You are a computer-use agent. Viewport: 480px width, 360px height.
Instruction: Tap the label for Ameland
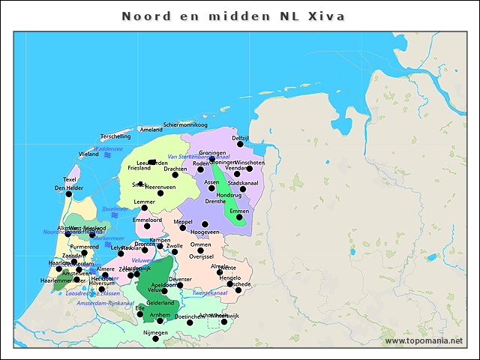click(x=151, y=130)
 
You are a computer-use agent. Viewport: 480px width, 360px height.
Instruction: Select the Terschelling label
click(x=115, y=136)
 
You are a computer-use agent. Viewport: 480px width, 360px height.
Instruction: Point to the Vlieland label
click(x=88, y=154)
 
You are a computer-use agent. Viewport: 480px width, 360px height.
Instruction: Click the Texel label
click(x=70, y=179)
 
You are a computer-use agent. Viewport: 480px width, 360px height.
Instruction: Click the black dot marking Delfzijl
click(x=241, y=144)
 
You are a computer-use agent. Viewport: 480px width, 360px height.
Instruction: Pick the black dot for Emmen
click(x=239, y=218)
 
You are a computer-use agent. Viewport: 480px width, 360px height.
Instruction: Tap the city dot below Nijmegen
click(x=155, y=339)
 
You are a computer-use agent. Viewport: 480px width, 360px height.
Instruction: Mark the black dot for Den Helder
click(x=69, y=194)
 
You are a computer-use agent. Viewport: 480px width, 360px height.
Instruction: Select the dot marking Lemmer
click(x=145, y=208)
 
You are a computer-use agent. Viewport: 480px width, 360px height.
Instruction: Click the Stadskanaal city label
click(x=243, y=182)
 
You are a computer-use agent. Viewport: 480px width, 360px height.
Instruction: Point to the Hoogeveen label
click(x=205, y=232)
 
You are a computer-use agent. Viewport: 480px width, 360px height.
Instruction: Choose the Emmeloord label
click(x=147, y=220)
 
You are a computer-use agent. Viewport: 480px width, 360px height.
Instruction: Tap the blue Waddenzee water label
click(x=109, y=148)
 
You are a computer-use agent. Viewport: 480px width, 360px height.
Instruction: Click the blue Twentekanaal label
click(x=208, y=293)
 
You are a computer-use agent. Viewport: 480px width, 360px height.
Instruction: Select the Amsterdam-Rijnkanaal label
click(x=100, y=303)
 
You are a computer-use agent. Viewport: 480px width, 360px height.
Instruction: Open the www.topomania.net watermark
click(x=424, y=341)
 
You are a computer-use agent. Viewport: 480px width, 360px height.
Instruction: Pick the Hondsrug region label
click(x=229, y=195)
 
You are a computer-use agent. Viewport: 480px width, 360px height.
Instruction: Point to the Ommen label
click(x=200, y=244)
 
